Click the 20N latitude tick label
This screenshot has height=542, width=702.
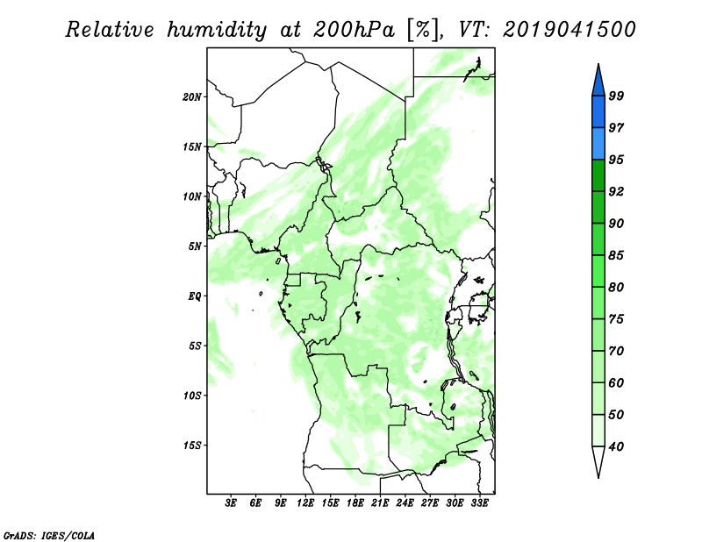(192, 97)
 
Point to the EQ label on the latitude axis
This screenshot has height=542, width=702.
(195, 296)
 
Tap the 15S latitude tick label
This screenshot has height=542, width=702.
(192, 446)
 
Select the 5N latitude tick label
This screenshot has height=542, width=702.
(195, 246)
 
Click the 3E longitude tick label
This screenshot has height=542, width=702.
(231, 503)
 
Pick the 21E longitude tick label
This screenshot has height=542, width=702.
(380, 503)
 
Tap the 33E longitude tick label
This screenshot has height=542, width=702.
(479, 503)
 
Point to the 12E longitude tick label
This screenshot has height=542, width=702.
(305, 503)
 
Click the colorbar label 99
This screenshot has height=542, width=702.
(616, 96)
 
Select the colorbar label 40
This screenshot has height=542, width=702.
(616, 446)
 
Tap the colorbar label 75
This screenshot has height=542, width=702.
(616, 319)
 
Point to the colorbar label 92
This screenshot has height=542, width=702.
(616, 191)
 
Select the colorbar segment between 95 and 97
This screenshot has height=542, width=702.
(598, 144)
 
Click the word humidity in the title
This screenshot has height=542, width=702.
(217, 31)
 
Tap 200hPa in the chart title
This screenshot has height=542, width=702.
(354, 30)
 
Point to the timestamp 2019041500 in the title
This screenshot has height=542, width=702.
(569, 30)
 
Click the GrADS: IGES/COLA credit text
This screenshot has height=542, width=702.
(49, 536)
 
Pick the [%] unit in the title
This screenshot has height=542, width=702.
(423, 30)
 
